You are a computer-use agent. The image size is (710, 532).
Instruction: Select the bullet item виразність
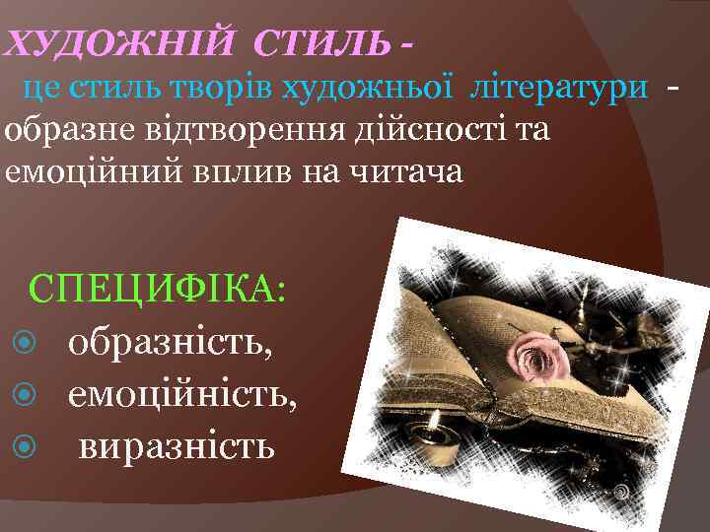coord(177,447)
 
